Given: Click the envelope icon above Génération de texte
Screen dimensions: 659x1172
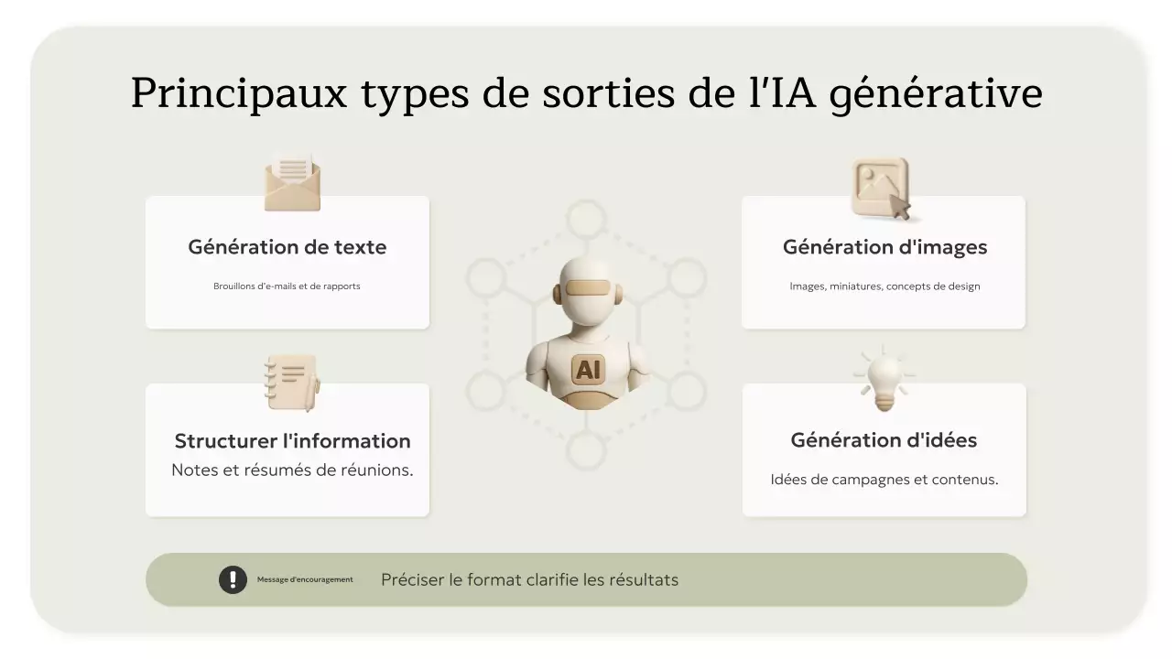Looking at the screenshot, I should [x=292, y=183].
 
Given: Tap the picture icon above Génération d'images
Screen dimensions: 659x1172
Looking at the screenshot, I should [x=882, y=189].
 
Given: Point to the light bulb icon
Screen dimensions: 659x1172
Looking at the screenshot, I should [x=884, y=378].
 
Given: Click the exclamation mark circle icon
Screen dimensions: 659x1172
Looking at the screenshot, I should [x=233, y=579].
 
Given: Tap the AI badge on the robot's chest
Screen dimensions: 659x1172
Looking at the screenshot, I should [x=587, y=370].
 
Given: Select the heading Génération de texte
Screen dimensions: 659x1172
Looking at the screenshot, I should [x=287, y=247].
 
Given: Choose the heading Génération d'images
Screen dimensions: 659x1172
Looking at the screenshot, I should [x=884, y=247].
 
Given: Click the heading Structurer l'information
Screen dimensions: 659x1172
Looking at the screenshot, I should [x=292, y=441].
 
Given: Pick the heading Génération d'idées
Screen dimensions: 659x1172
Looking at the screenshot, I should [x=884, y=440].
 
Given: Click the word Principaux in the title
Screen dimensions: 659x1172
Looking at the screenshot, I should [x=239, y=94].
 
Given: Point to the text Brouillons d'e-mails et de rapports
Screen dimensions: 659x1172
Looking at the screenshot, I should [x=287, y=286].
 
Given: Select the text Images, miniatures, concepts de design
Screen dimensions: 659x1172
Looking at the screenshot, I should [x=884, y=286].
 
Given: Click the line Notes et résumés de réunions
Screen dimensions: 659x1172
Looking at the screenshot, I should [x=292, y=470].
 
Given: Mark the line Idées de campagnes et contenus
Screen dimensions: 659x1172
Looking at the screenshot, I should [x=884, y=480].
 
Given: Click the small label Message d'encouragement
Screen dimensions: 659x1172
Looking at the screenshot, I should [x=305, y=579].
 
